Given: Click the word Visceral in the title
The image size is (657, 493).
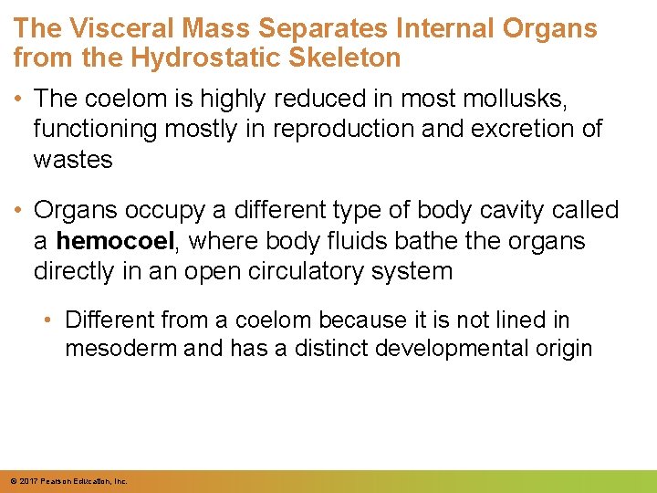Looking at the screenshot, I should click(112, 28).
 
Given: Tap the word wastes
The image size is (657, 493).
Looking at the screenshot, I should click(73, 160).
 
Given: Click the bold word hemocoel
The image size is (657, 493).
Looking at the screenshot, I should click(114, 242).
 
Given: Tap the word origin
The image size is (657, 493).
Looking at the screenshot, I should click(564, 349).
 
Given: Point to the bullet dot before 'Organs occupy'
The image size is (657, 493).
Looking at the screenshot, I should click(19, 211).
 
